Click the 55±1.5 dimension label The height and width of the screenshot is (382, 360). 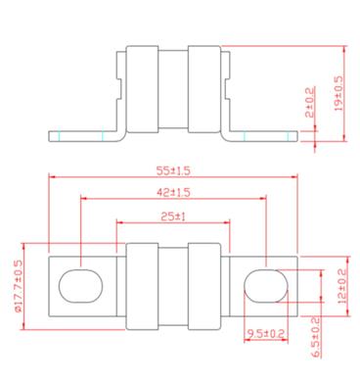coord(173,169)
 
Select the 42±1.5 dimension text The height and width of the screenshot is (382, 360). coord(173,192)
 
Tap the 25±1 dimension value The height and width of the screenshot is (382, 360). coord(173,215)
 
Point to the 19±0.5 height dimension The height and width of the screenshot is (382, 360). coord(338,93)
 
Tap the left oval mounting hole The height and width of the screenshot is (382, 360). coord(80,285)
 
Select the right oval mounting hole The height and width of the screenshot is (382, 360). coord(264,285)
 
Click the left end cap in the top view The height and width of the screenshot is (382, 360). coord(142,284)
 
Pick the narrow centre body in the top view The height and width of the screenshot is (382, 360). coord(173,284)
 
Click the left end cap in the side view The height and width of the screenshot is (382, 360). coord(142,88)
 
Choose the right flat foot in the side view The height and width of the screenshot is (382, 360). coord(264,134)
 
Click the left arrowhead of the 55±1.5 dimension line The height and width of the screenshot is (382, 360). coord(51,177)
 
